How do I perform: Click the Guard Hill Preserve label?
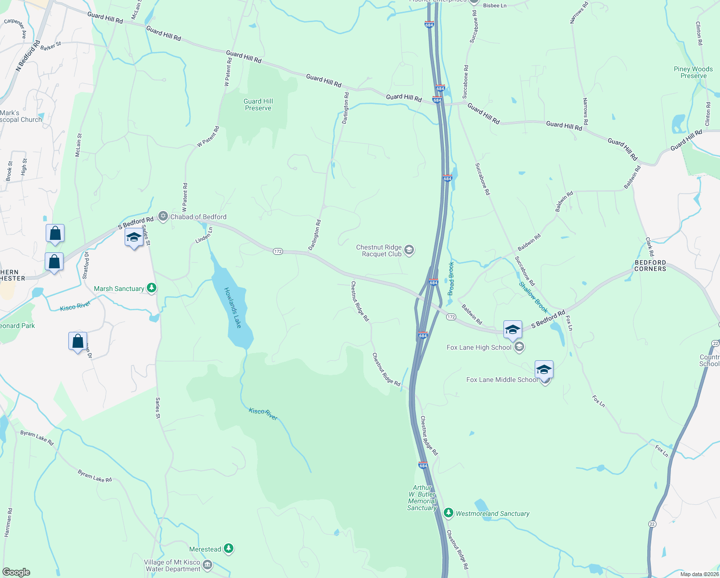pyautogui.click(x=258, y=105)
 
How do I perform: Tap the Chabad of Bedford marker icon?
pyautogui.click(x=164, y=217)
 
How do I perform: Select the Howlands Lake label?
pyautogui.click(x=233, y=308)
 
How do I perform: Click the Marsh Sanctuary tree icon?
pyautogui.click(x=152, y=289)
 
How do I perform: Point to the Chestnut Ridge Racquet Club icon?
pyautogui.click(x=409, y=250)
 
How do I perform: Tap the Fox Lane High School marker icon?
pyautogui.click(x=519, y=347)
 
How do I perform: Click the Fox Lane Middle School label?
pyautogui.click(x=502, y=380)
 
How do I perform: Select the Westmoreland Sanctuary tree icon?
pyautogui.click(x=449, y=513)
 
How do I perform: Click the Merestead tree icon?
pyautogui.click(x=229, y=549)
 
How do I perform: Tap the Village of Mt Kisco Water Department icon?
pyautogui.click(x=207, y=565)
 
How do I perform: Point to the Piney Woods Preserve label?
pyautogui.click(x=693, y=72)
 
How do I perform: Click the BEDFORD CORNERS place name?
pyautogui.click(x=650, y=265)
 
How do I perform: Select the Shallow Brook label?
pyautogui.click(x=533, y=297)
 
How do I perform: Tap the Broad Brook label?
pyautogui.click(x=451, y=278)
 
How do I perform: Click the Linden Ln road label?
pyautogui.click(x=204, y=235)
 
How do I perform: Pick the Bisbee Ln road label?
pyautogui.click(x=495, y=6)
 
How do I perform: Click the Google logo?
pyautogui.click(x=16, y=572)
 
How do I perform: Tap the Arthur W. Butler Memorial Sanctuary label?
pyautogui.click(x=422, y=498)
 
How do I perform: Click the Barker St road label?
pyautogui.click(x=51, y=46)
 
